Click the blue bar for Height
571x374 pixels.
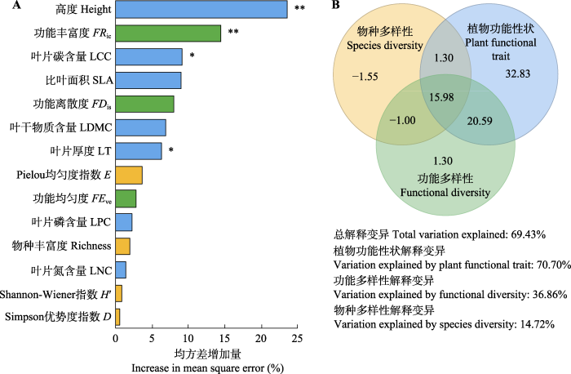coord(201,9)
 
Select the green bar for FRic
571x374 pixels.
coord(168,33)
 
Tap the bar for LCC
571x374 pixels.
coord(149,57)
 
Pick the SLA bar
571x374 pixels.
coord(148,80)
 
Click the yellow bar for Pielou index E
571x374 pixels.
coord(129,175)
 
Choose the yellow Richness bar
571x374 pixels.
coord(122,246)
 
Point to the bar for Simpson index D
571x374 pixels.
coord(117,317)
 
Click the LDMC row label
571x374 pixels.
coord(61,127)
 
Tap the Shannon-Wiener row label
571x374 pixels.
coord(55,294)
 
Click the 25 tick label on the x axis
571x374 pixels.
coord(297,338)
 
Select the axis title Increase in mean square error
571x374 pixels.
coord(207,367)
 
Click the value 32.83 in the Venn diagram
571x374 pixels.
coord(518,73)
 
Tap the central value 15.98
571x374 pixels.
coord(441,97)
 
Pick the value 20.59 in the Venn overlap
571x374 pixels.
coord(480,121)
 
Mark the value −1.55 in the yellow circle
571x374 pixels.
coord(365,77)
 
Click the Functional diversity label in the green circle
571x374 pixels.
coord(445,192)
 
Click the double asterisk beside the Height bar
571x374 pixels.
coord(299,7)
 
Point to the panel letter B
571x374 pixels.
coord(336,5)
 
